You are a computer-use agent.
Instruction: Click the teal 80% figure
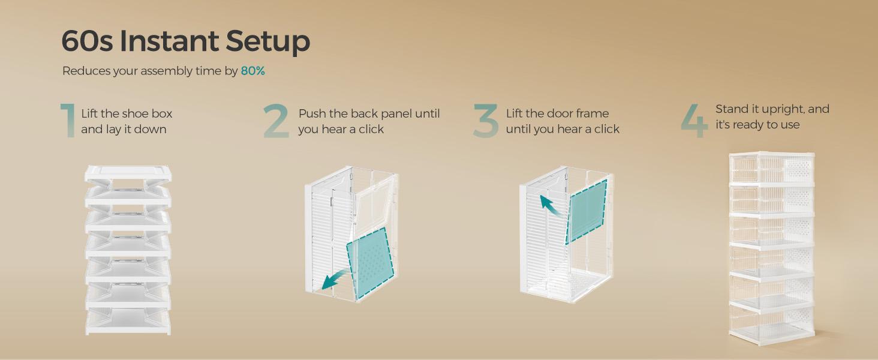pyautogui.click(x=253, y=71)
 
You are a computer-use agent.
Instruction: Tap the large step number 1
pyautogui.click(x=68, y=121)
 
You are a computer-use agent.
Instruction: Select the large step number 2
pyautogui.click(x=276, y=121)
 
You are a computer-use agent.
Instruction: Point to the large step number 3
pyautogui.click(x=486, y=121)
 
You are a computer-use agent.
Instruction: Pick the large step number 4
pyautogui.click(x=694, y=121)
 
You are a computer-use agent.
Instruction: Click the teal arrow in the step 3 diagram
pyautogui.click(x=551, y=205)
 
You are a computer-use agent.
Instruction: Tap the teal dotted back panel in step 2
pyautogui.click(x=370, y=263)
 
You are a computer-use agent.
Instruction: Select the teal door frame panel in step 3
pyautogui.click(x=587, y=212)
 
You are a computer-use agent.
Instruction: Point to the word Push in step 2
pyautogui.click(x=312, y=113)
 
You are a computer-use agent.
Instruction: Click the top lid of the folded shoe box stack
pyautogui.click(x=128, y=173)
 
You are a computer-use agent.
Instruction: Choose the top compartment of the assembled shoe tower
pyautogui.click(x=771, y=168)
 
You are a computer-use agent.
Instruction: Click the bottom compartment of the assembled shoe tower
pyautogui.click(x=771, y=325)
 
